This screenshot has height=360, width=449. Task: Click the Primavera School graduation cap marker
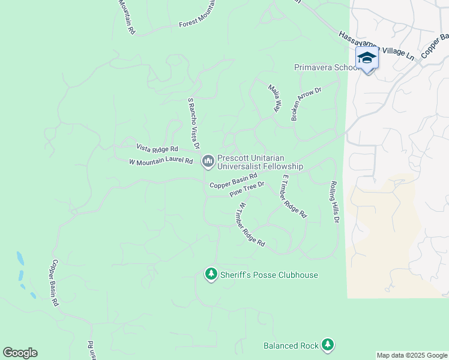(x=367, y=59)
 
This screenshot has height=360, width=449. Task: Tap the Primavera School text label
(x=326, y=67)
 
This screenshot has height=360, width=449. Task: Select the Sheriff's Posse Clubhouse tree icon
(x=211, y=274)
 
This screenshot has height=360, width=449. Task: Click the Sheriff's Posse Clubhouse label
(x=268, y=275)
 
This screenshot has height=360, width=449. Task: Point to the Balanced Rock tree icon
(x=327, y=344)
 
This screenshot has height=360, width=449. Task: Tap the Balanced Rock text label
(x=291, y=346)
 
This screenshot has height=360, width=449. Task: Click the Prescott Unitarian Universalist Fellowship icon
(x=208, y=161)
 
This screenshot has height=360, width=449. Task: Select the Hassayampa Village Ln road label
(x=376, y=46)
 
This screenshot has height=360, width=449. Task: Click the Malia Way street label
(x=275, y=98)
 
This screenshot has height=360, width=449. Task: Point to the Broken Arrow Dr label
(x=306, y=104)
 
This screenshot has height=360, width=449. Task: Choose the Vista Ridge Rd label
(x=157, y=148)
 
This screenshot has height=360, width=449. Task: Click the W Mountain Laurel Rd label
(x=161, y=161)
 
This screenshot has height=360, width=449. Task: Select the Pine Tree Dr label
(x=247, y=190)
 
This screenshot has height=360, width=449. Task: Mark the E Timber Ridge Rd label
(x=294, y=196)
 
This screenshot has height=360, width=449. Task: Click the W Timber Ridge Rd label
(x=252, y=224)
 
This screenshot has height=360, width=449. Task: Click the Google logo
(x=20, y=353)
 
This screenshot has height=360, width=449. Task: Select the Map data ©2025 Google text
(x=412, y=355)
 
